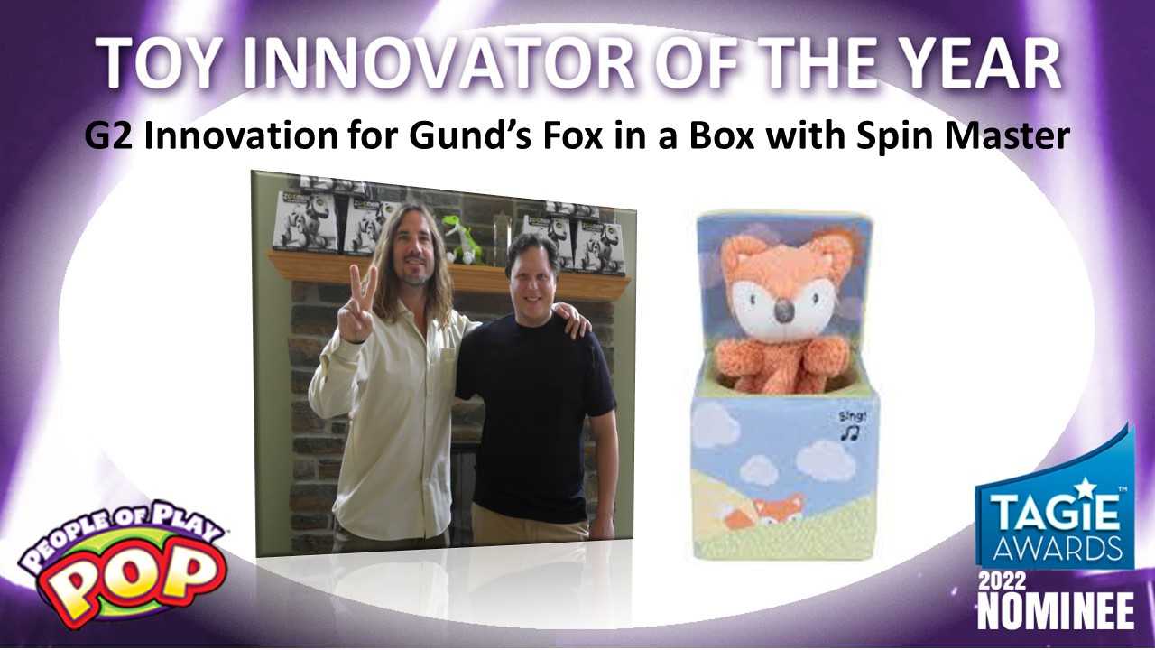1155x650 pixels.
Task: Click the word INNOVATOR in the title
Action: (439, 63)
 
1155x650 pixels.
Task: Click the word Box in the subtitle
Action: (723, 136)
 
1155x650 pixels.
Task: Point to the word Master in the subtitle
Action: (1011, 136)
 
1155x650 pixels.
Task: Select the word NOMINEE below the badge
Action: (1055, 611)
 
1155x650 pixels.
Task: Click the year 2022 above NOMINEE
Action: (1002, 581)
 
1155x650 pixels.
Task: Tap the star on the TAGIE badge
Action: (1086, 487)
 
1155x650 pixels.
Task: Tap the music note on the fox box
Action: (850, 432)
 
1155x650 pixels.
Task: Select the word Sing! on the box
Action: (853, 416)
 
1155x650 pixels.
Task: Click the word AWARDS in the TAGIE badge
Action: (1057, 549)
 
